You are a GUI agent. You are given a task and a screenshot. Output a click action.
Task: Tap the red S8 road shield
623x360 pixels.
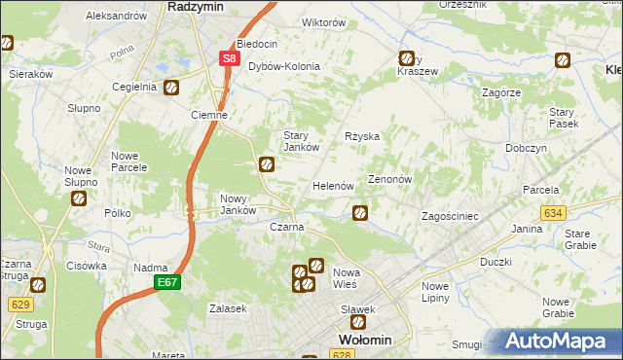click(x=228, y=58)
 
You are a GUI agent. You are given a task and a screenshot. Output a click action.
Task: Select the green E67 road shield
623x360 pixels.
click(x=165, y=282)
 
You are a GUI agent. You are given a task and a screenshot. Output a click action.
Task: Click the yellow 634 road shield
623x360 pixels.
click(x=554, y=212)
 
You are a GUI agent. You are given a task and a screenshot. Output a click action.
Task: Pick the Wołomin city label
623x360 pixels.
click(x=364, y=340)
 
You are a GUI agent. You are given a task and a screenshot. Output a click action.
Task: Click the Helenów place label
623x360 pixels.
click(x=332, y=186)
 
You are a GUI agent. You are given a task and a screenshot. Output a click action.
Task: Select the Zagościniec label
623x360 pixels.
click(x=448, y=216)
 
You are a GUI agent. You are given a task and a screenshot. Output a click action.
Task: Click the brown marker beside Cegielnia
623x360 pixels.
click(x=170, y=88)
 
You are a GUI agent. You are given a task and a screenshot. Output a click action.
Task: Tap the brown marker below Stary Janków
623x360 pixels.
click(x=266, y=165)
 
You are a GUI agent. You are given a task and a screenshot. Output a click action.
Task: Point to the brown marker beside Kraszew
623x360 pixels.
click(x=406, y=58)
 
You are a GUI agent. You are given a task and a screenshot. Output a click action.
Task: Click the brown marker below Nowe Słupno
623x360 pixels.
click(x=79, y=198)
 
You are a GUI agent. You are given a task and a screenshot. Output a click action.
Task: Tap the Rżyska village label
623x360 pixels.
click(x=362, y=137)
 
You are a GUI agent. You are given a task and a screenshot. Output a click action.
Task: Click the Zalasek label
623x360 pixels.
click(x=227, y=308)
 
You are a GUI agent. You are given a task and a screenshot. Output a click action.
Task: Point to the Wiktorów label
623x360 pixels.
click(x=297, y=21)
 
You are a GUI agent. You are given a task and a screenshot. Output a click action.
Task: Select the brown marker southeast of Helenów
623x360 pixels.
click(x=360, y=212)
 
